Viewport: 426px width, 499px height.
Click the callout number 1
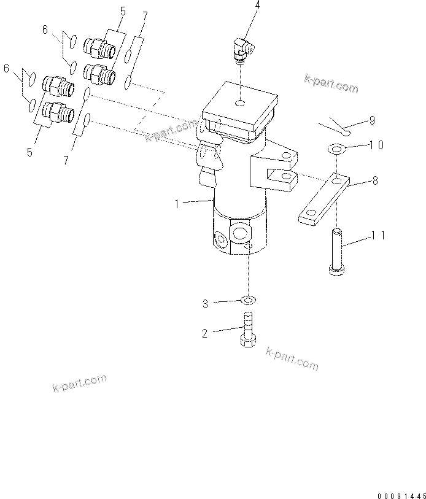pyautogui.click(x=177, y=203)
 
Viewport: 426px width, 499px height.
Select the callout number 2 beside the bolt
pyautogui.click(x=204, y=333)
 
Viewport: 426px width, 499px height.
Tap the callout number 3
pyautogui.click(x=206, y=303)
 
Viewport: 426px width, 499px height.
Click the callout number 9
pyautogui.click(x=372, y=122)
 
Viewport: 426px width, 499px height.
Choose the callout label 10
pyautogui.click(x=376, y=145)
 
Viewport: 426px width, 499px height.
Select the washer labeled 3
pyautogui.click(x=248, y=300)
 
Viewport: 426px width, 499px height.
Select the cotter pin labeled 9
pyautogui.click(x=338, y=125)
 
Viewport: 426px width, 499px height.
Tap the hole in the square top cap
pyautogui.click(x=241, y=102)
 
